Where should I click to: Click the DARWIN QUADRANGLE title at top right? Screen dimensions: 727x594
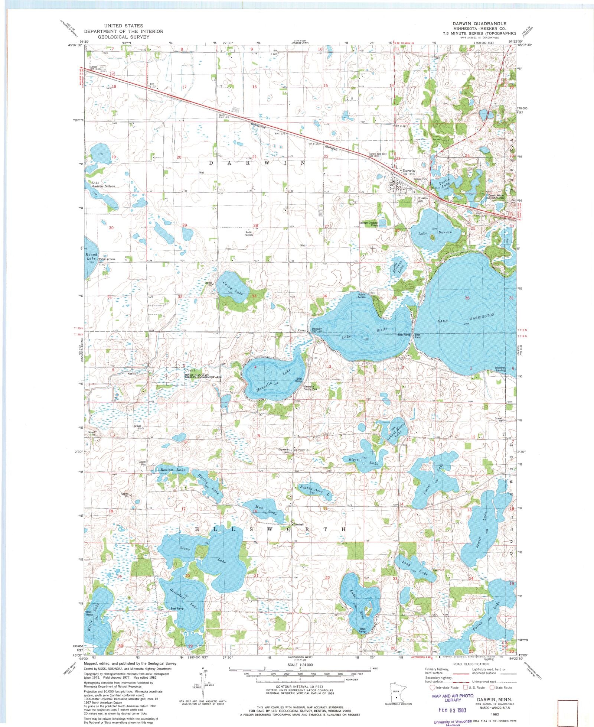pos(479,23)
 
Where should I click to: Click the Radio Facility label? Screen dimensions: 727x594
pos(249,234)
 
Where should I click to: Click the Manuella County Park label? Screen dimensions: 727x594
pos(311,388)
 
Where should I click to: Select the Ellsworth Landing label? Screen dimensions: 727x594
pos(500,369)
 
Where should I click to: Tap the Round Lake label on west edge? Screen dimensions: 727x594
pos(91,256)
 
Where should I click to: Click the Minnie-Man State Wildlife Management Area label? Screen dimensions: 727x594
pos(203,376)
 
